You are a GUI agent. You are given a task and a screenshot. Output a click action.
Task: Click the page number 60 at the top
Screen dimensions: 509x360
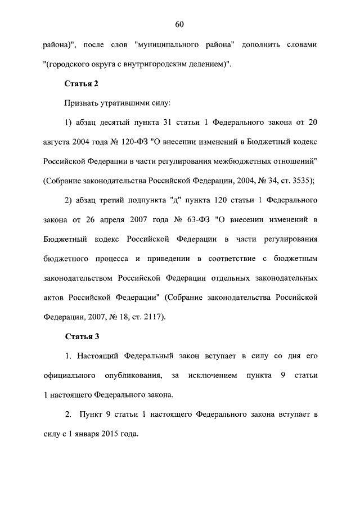[x=180, y=24]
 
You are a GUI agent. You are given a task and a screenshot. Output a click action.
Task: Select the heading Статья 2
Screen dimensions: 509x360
[x=82, y=83]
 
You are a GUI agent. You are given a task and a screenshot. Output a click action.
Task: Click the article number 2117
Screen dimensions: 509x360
[x=150, y=317]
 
